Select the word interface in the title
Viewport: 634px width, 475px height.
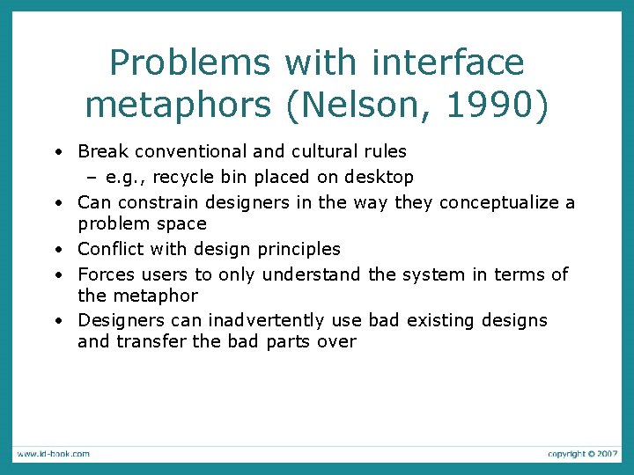[x=448, y=63]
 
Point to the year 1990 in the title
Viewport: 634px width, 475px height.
[x=497, y=105]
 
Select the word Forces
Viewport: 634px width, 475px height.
[x=106, y=274]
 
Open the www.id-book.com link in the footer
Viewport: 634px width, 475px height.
[x=52, y=454]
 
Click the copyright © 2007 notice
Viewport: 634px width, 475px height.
[x=582, y=454]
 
